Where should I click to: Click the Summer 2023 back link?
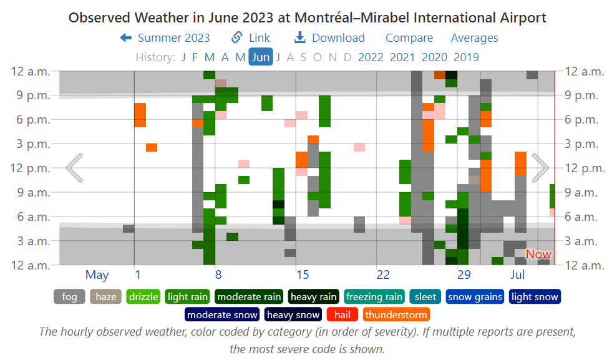coord(165,38)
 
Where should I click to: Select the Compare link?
coord(409,38)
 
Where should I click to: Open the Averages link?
coord(474,38)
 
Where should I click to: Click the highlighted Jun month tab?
coord(261,57)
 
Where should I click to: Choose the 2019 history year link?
coord(466,57)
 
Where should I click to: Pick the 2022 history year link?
coord(371,57)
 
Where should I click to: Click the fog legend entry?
coord(69,297)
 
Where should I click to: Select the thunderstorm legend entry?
coord(396,315)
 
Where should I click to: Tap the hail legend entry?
coord(342,315)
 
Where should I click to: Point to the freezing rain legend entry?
coord(374,297)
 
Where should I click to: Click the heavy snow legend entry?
coord(293,315)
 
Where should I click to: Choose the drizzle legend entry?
coord(143,297)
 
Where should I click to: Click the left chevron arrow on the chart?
coord(74,167)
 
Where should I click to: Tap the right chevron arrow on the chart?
coord(540,167)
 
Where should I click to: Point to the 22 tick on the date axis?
coord(383,275)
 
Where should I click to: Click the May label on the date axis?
coord(97,275)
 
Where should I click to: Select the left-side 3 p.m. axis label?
coord(31,144)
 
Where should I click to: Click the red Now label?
coord(538,255)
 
